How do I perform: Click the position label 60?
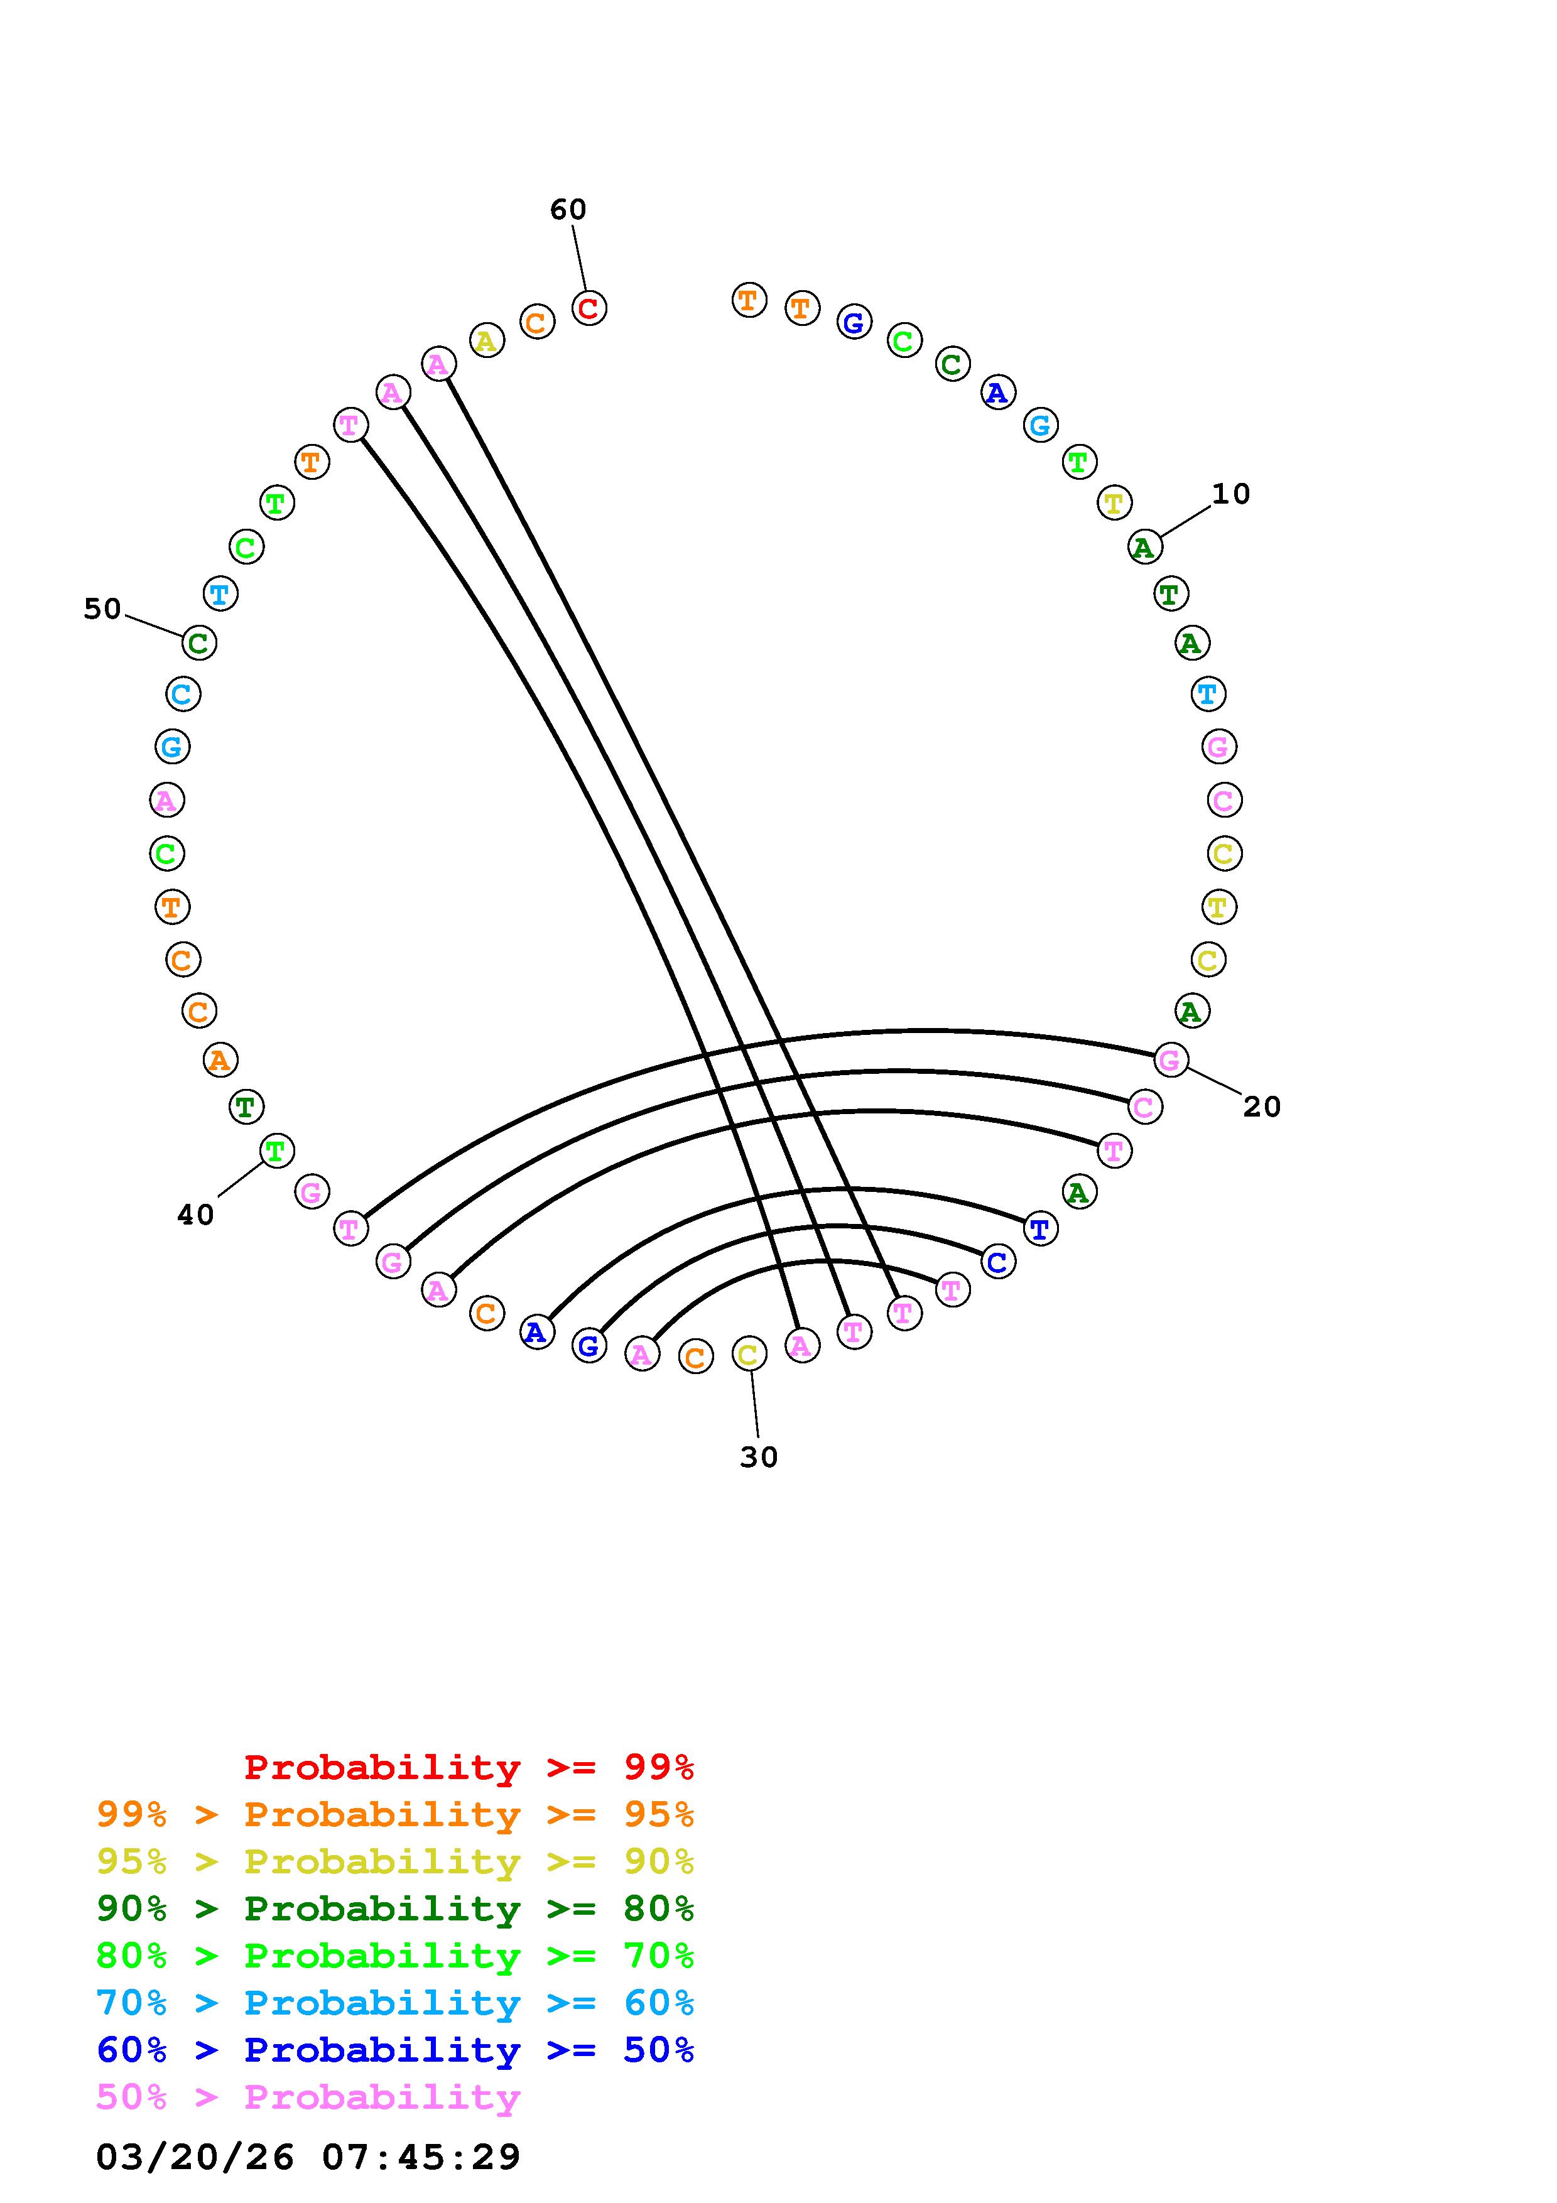pyautogui.click(x=568, y=209)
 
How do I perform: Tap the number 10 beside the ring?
pyautogui.click(x=1231, y=494)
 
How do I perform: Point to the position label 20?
pyautogui.click(x=1262, y=1107)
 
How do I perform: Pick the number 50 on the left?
pyautogui.click(x=102, y=609)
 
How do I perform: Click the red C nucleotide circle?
pyautogui.click(x=589, y=308)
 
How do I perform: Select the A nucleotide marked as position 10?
pyautogui.click(x=1144, y=547)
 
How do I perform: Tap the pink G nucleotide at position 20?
pyautogui.click(x=1170, y=1059)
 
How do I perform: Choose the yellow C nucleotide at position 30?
pyautogui.click(x=748, y=1354)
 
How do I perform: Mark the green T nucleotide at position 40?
pyautogui.click(x=276, y=1149)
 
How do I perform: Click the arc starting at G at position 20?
pyautogui.click(x=921, y=1031)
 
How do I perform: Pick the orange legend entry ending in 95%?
pyautogui.click(x=395, y=1814)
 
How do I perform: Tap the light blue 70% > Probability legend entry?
pyautogui.click(x=395, y=2003)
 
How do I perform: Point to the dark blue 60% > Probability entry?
pyautogui.click(x=395, y=2050)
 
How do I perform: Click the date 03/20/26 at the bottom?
pyautogui.click(x=195, y=2157)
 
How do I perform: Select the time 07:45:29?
pyautogui.click(x=421, y=2157)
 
